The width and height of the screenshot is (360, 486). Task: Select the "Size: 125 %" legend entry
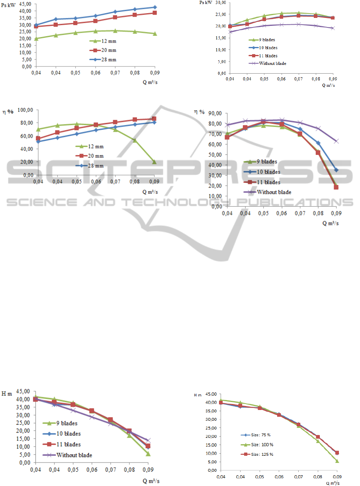[256, 454]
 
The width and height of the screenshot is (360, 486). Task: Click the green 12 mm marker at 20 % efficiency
[154, 162]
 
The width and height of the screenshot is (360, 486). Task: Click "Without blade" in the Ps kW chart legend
[272, 63]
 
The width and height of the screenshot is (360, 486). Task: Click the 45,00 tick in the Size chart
[211, 394]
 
